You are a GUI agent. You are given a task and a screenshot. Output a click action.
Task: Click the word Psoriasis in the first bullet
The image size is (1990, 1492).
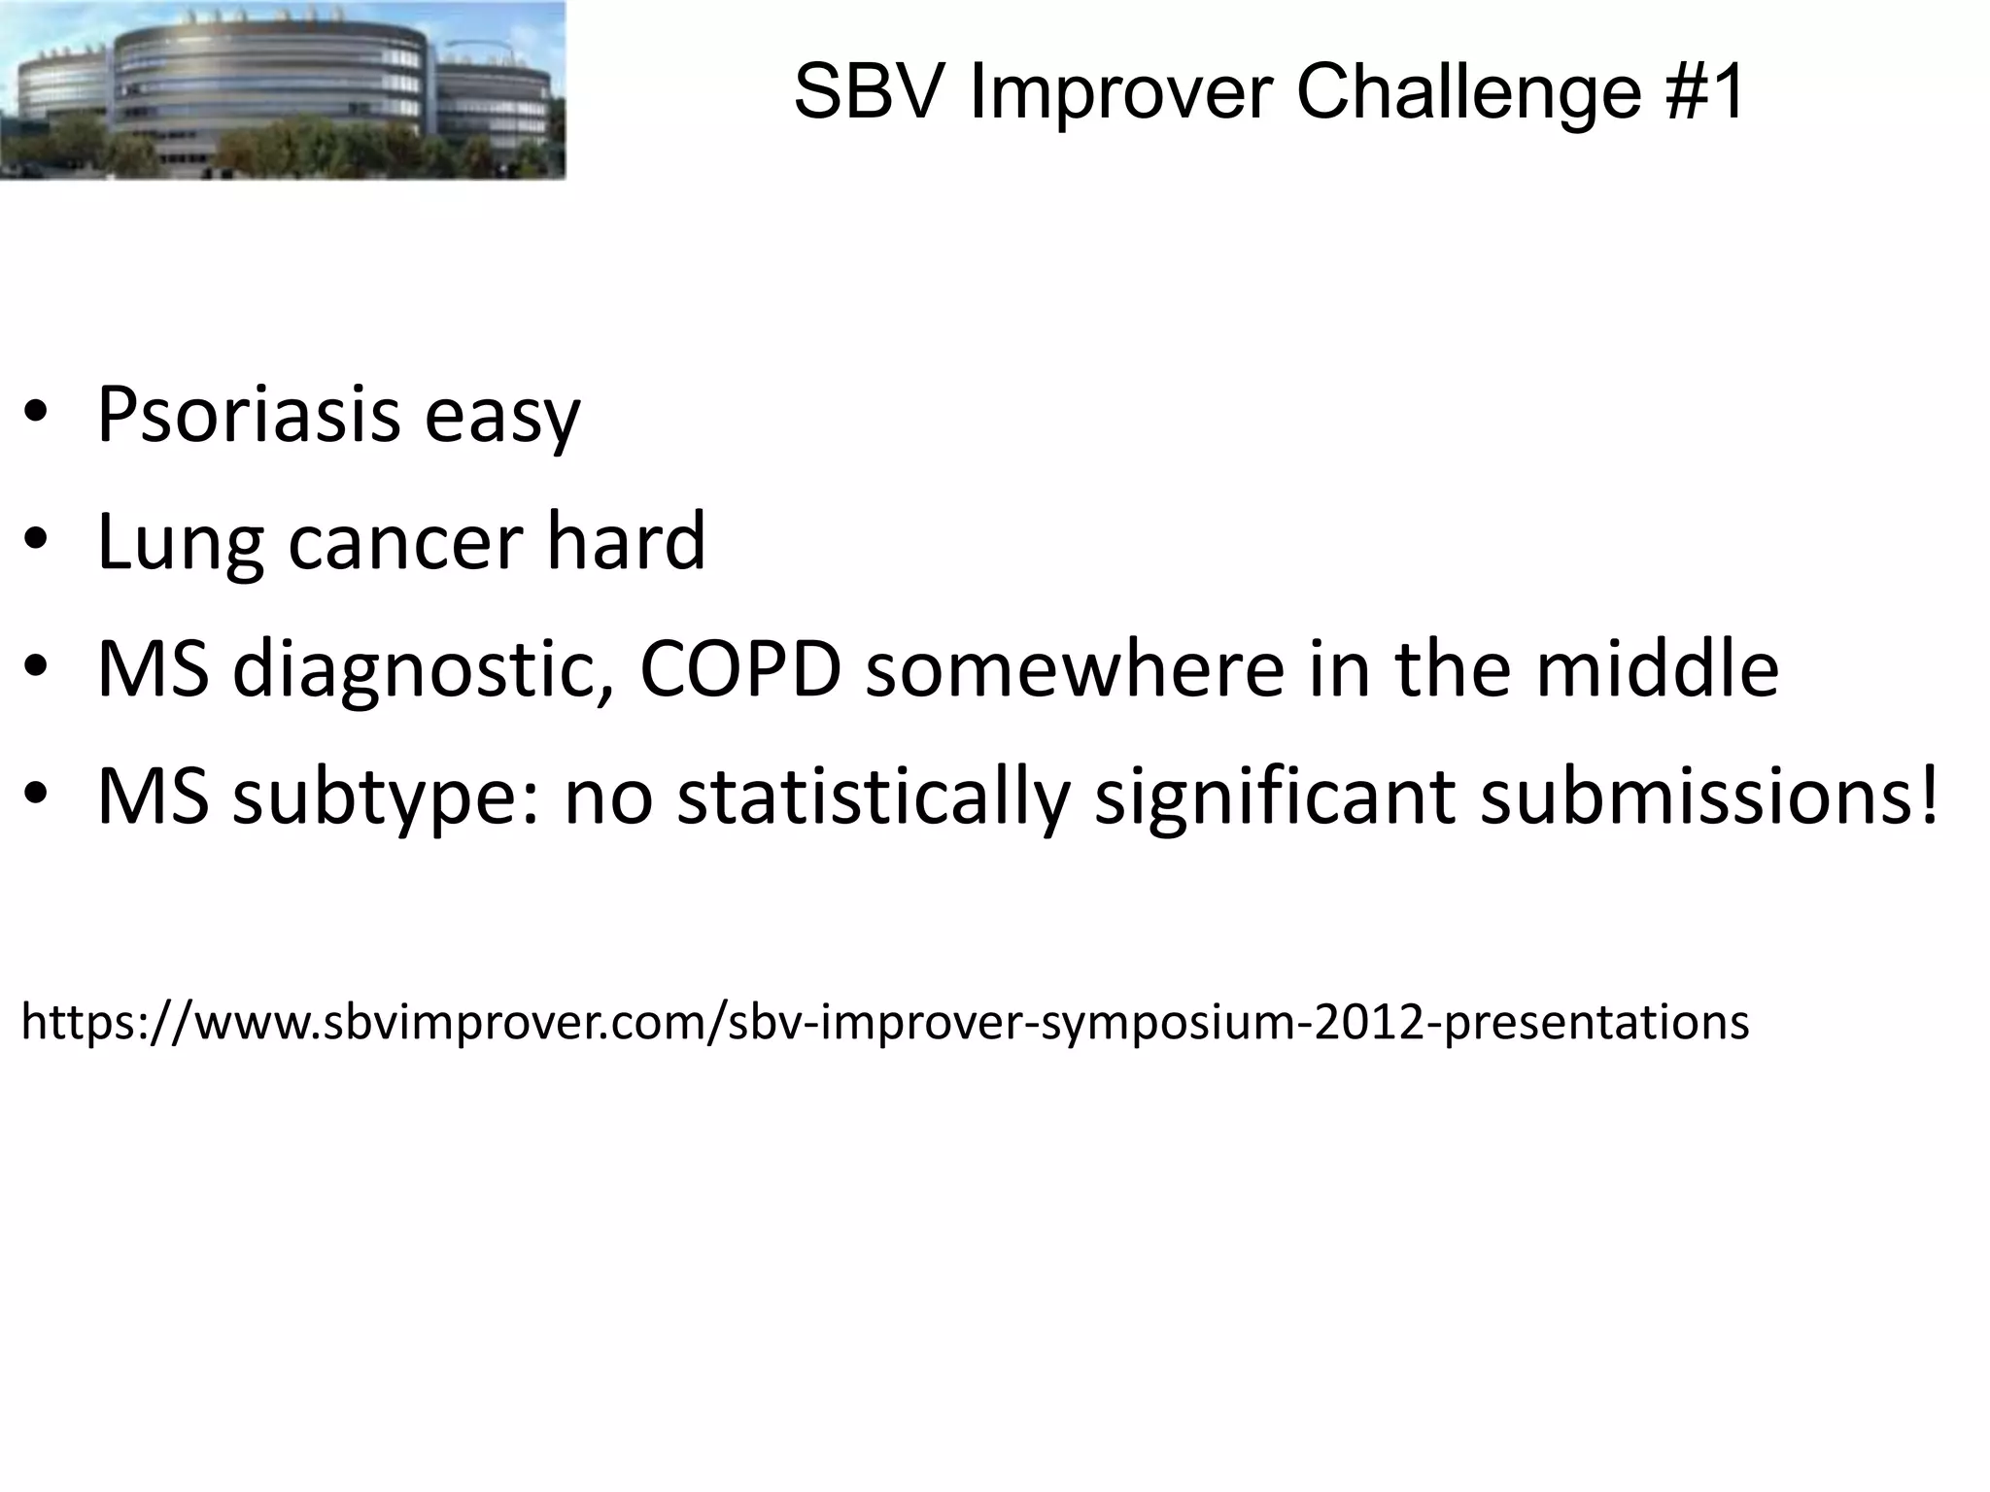coord(249,416)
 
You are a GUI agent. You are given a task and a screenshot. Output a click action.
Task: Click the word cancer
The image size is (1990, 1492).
coord(405,544)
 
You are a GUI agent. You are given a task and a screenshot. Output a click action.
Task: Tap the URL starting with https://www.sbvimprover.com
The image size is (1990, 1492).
coord(884,1022)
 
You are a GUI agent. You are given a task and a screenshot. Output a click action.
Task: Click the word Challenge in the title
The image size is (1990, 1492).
coord(1467,92)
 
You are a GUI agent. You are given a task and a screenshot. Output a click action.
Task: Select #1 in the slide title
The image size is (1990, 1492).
coord(1705,92)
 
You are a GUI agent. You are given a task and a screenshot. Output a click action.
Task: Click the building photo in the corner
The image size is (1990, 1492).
coord(282,89)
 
